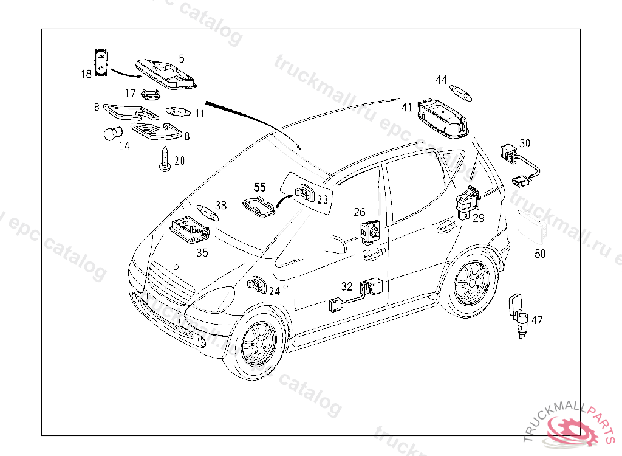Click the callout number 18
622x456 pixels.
[x=86, y=74]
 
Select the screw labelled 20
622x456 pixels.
[x=164, y=160]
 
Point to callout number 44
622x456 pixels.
[x=441, y=80]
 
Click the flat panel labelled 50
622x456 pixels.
[x=530, y=229]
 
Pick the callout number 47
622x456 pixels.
[x=537, y=320]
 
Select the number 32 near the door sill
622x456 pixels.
[x=346, y=286]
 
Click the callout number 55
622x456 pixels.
[x=259, y=187]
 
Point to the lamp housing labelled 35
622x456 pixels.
[x=190, y=230]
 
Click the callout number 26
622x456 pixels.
[x=360, y=212]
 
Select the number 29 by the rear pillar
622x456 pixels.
[x=479, y=218]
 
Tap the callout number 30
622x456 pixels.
[x=525, y=143]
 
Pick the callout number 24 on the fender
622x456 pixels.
[x=275, y=291]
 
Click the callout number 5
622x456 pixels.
[x=181, y=59]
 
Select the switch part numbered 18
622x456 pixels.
[x=101, y=62]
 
